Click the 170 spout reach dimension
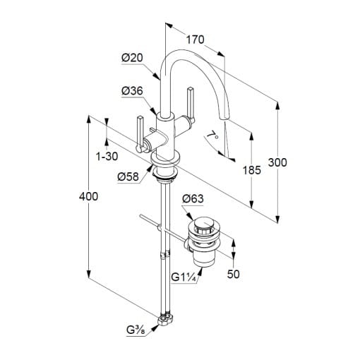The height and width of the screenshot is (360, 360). click(x=196, y=40)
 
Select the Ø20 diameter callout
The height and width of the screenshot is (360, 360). click(x=132, y=58)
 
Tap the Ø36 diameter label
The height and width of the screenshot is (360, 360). click(x=132, y=91)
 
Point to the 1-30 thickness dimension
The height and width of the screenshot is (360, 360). click(x=107, y=156)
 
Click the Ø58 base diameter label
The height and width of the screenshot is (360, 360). click(x=128, y=176)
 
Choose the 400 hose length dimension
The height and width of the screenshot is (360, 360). click(x=88, y=196)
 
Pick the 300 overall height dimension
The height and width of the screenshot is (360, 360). click(x=277, y=162)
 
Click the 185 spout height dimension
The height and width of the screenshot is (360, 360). click(x=252, y=170)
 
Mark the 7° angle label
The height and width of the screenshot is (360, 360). click(x=212, y=136)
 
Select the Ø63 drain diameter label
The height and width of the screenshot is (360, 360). click(x=193, y=199)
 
